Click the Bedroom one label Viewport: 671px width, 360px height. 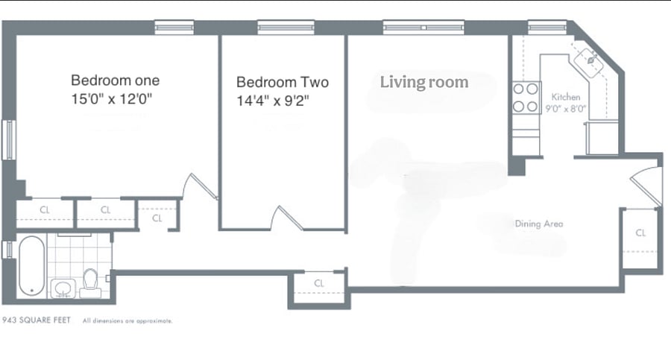pos(115,80)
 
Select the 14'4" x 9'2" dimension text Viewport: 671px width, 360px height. pos(273,101)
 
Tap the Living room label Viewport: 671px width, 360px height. pos(424,82)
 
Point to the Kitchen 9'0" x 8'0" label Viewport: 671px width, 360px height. pos(565,103)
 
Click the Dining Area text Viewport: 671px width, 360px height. pos(539,224)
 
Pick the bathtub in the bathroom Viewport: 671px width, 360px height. pos(31,265)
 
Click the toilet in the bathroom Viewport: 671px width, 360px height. pos(90,283)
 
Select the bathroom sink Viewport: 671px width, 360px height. pos(63,288)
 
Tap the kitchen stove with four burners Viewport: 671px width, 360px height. pos(526,98)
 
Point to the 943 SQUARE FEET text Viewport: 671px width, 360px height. pos(37,320)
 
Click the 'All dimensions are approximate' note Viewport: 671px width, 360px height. pos(127,320)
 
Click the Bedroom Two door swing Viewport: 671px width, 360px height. pos(287,218)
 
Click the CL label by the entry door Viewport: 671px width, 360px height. pos(640,233)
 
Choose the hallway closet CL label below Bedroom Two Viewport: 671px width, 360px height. pos(319,283)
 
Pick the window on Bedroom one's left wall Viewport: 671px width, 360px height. pos(9,140)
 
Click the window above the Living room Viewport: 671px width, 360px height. pos(423,28)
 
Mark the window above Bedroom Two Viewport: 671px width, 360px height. pos(286,28)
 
